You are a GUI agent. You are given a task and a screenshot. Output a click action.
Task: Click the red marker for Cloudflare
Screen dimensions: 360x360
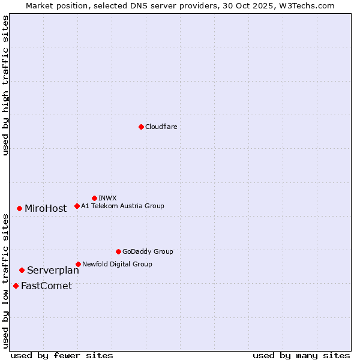141,127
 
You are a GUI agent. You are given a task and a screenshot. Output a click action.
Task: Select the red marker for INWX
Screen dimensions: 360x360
94,198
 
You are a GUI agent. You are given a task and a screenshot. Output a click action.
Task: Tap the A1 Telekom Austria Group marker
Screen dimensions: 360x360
77,206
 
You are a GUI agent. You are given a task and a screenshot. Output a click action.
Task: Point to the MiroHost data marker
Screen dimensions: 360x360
19,208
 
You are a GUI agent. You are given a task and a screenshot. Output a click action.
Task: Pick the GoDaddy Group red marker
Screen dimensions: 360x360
118,251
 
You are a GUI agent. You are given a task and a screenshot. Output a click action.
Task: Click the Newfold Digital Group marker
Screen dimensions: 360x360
78,264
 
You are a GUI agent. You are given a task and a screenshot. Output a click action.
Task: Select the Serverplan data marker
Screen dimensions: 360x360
22,270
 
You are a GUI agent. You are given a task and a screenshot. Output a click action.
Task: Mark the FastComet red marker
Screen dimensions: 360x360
16,286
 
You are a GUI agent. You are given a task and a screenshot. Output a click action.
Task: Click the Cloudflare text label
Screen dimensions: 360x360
161,127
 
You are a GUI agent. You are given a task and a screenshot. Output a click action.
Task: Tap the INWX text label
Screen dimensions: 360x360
107,198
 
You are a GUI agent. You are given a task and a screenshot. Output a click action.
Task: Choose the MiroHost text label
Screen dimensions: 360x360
46,209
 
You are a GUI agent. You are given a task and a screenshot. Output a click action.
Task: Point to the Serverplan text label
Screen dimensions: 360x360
53,271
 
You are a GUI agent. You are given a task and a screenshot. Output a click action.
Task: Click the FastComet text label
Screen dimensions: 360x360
46,286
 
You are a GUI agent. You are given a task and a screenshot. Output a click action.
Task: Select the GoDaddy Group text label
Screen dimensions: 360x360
148,251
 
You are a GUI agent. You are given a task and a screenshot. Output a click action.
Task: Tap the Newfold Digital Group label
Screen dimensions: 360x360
117,264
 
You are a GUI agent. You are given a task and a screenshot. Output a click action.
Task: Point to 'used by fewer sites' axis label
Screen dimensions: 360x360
62,355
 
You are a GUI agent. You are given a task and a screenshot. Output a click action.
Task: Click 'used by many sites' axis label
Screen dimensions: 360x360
301,355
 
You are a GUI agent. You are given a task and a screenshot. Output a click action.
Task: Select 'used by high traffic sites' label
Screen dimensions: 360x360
5,85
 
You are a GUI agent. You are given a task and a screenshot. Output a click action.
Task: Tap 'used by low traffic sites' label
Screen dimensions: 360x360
5,281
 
